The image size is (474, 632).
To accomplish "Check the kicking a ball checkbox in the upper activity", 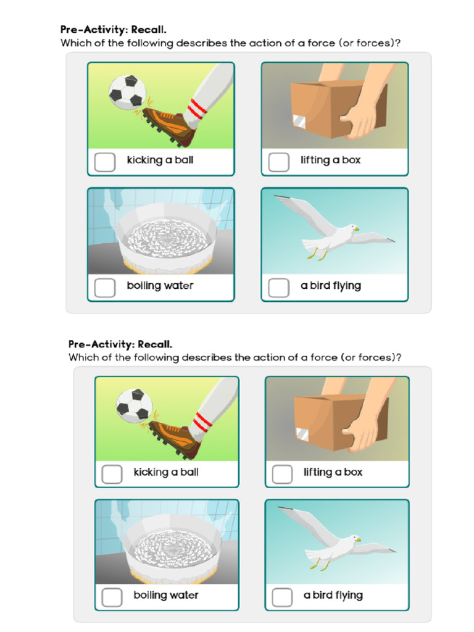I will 105,162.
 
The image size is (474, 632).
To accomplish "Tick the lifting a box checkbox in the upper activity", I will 279,162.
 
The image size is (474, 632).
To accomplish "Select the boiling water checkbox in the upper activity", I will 105,287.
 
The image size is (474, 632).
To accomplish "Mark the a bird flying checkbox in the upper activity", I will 279,287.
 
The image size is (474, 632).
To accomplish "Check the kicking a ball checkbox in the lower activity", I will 112,473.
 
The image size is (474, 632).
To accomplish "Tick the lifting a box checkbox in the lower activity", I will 282,473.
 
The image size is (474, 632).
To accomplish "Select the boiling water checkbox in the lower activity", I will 112,597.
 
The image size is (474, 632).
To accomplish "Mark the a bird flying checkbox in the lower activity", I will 282,597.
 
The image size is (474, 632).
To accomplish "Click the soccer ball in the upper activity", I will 127,93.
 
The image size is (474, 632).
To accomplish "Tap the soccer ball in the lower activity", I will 134,405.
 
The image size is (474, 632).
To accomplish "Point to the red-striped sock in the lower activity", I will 201,423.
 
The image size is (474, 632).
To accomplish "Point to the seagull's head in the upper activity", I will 352,228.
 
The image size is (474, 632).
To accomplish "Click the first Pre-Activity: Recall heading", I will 113,29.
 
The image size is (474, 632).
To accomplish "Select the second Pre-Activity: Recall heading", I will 120,344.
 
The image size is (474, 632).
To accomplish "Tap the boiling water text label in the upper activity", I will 160,286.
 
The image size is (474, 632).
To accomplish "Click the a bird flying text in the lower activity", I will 333,596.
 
